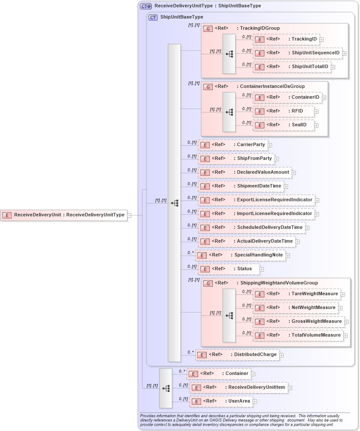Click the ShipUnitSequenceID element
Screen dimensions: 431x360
point(297,53)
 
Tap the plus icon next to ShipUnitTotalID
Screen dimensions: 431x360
point(333,67)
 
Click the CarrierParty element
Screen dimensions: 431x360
point(233,145)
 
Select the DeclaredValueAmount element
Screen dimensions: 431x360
point(245,172)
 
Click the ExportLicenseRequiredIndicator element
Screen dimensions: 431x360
point(256,200)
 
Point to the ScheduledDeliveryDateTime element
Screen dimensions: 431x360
point(251,228)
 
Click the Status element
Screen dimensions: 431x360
point(228,269)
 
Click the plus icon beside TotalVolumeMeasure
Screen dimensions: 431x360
point(346,336)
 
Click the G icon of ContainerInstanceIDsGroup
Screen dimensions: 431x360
point(208,87)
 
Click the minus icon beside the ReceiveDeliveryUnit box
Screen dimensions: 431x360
point(130,215)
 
